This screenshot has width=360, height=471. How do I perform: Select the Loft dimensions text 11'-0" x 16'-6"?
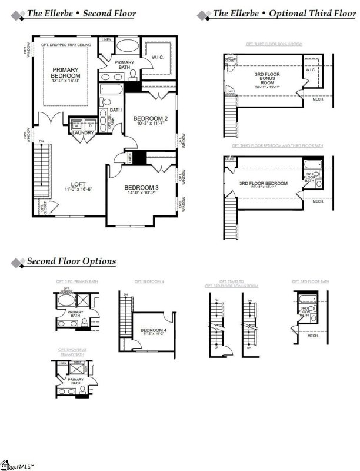pyautogui.click(x=78, y=188)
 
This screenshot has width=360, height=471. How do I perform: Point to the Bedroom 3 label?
pyautogui.click(x=142, y=188)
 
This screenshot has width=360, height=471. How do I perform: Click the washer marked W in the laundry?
pyautogui.click(x=76, y=125)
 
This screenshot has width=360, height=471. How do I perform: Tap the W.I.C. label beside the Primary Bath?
pyautogui.click(x=157, y=57)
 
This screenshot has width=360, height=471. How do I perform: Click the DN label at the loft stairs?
pyautogui.click(x=41, y=141)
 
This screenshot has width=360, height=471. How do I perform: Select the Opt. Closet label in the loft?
pyautogui.click(x=42, y=208)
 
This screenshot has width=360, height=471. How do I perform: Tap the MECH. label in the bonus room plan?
pyautogui.click(x=317, y=99)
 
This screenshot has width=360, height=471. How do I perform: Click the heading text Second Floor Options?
pyautogui.click(x=71, y=261)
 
